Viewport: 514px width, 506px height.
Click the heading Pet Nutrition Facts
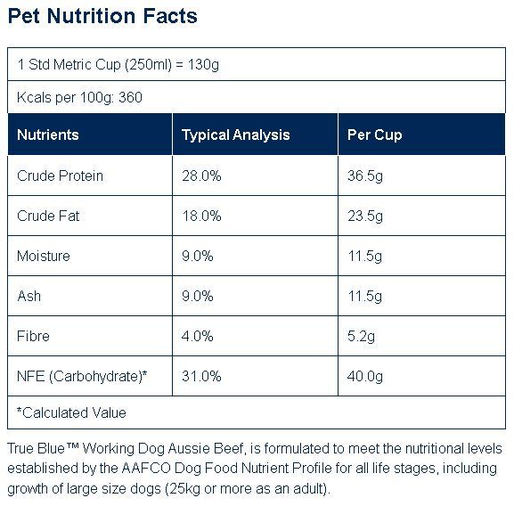point(102,16)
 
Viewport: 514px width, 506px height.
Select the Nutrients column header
point(48,135)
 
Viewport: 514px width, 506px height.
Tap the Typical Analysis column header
point(236,135)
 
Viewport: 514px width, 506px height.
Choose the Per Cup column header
point(375,135)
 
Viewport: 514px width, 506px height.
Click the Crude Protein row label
point(60,176)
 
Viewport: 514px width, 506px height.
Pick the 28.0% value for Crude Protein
point(201,176)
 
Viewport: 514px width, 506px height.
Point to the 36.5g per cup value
point(365,176)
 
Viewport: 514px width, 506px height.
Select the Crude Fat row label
point(48,216)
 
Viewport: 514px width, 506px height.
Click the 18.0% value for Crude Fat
point(202,216)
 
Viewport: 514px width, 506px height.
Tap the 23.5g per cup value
point(365,216)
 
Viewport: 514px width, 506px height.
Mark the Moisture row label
point(44,256)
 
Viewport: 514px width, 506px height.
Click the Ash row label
point(29,296)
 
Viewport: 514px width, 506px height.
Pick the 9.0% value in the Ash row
point(198,296)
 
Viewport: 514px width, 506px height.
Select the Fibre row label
point(33,336)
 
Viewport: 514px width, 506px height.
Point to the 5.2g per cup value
point(362,337)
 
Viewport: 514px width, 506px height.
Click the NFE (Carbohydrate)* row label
point(82,376)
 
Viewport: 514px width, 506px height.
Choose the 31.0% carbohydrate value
point(201,376)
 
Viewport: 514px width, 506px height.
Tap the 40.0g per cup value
point(365,377)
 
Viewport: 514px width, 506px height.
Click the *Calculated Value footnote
point(71,412)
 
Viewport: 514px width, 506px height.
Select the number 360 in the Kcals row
point(130,97)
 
